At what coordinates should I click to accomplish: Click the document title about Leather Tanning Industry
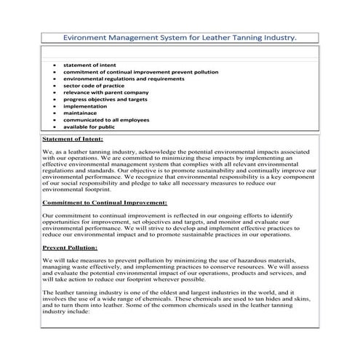pyautogui.click(x=180, y=36)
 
